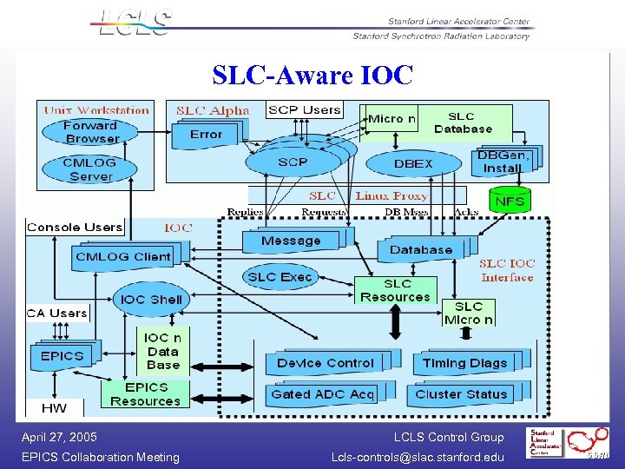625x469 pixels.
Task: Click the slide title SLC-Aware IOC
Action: [x=312, y=76]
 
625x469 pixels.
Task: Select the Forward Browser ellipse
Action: [x=91, y=132]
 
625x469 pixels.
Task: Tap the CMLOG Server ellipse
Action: [x=91, y=169]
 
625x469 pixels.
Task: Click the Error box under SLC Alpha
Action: [x=207, y=134]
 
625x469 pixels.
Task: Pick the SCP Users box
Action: [x=304, y=109]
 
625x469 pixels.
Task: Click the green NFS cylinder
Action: [x=510, y=201]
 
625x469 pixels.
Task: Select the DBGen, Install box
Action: [x=503, y=162]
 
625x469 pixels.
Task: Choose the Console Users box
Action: [x=75, y=228]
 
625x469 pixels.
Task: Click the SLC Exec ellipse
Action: [x=280, y=277]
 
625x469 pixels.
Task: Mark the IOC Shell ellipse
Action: [x=152, y=300]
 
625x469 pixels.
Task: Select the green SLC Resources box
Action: [x=395, y=290]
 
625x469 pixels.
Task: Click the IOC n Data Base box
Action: [x=162, y=352]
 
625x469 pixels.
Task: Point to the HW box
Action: [x=54, y=407]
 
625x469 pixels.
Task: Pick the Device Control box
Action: [x=326, y=363]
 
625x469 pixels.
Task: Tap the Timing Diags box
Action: [x=464, y=363]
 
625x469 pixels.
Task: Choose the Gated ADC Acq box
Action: [x=321, y=394]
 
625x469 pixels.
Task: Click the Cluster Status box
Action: [x=461, y=394]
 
